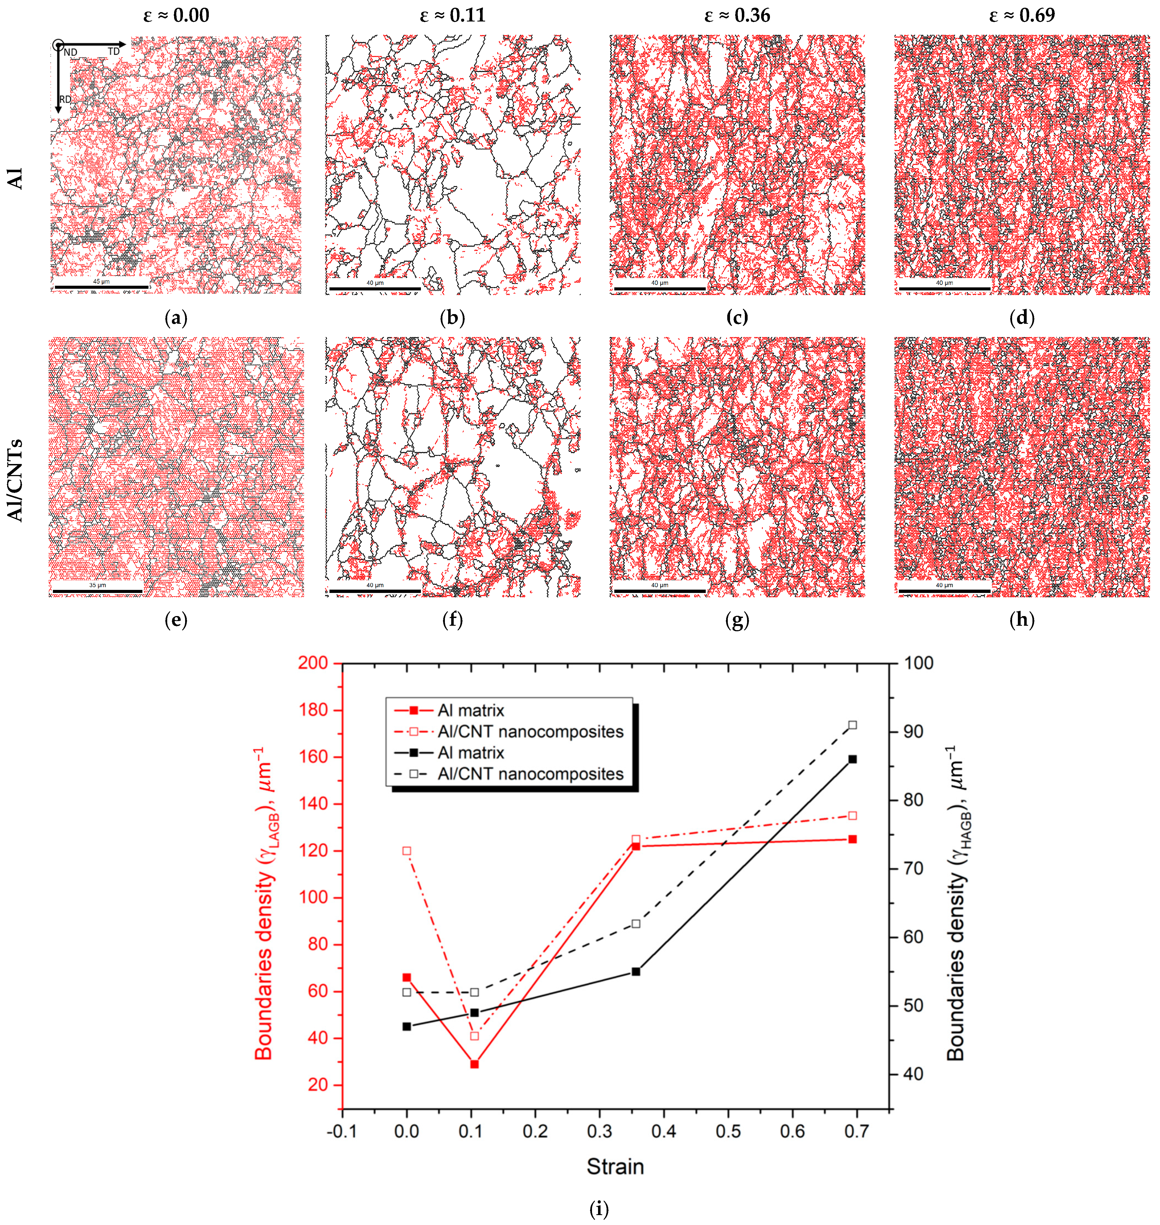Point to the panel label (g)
[737, 620]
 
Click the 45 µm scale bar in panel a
[101, 286]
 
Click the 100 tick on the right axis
[919, 663]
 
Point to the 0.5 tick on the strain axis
[728, 1132]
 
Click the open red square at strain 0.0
[407, 851]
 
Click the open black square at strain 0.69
[853, 725]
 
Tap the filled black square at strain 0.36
[636, 972]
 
